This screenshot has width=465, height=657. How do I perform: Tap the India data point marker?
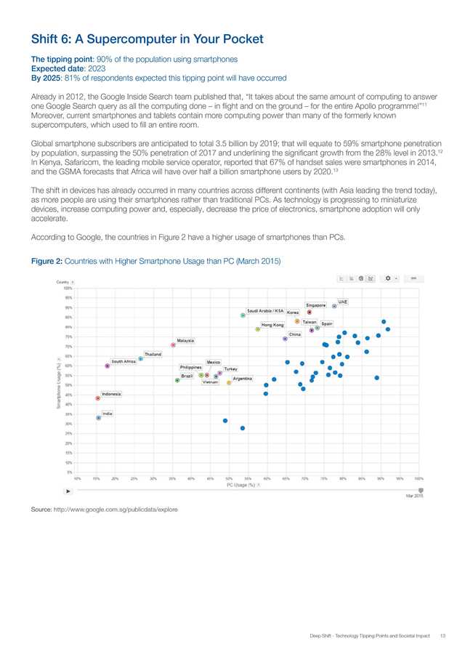[x=99, y=418]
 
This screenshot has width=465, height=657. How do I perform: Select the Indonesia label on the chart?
[x=111, y=394]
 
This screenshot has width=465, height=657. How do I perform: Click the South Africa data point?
[x=108, y=366]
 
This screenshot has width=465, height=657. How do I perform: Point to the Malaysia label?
[x=185, y=340]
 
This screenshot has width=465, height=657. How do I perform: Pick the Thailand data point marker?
[x=141, y=359]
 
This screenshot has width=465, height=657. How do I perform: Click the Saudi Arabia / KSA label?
[x=265, y=310]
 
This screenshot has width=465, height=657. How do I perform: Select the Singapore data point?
[x=309, y=312]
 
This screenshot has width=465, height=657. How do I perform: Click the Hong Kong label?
[x=272, y=325]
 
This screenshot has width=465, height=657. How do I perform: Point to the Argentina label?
[x=243, y=379]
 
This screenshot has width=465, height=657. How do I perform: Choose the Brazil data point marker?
[x=177, y=380]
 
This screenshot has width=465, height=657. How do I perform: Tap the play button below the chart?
[x=69, y=491]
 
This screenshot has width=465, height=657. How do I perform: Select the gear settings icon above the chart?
[x=389, y=278]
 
